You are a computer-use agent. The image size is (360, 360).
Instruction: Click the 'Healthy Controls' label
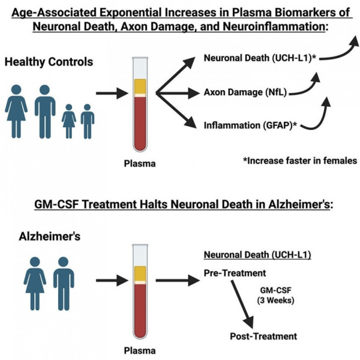coord(49,61)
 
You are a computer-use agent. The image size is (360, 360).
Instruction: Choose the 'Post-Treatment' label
coord(263,335)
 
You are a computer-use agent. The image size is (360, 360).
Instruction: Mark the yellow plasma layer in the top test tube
coord(139,86)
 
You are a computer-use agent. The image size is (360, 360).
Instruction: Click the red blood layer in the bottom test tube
coord(139,311)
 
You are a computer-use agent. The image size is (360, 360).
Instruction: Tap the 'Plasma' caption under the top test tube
coord(139,163)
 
